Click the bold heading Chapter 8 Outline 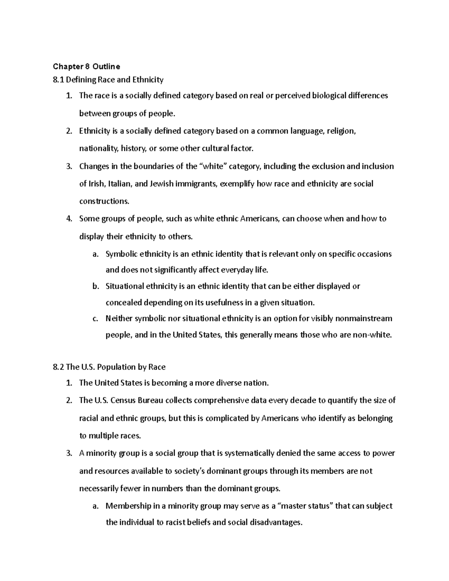click(x=86, y=67)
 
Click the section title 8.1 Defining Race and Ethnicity click(x=108, y=80)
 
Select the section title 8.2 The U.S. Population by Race click(x=109, y=367)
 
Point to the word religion click(x=341, y=131)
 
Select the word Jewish click(x=162, y=184)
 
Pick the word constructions click(x=104, y=201)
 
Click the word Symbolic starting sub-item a click(x=122, y=254)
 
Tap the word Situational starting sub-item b click(x=125, y=287)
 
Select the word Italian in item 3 click(x=120, y=184)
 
